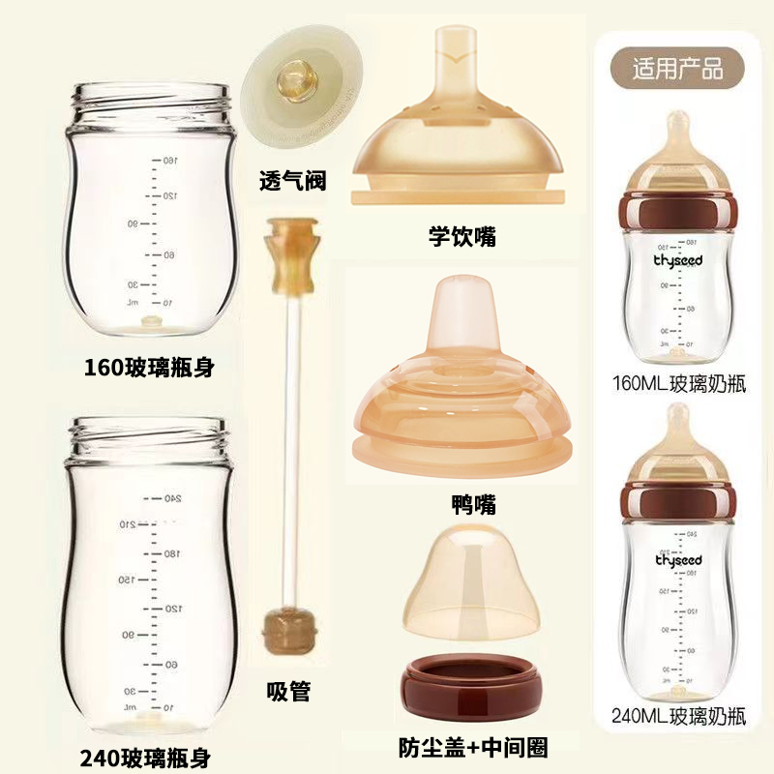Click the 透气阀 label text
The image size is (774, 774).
(292, 180)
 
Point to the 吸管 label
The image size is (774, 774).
(287, 691)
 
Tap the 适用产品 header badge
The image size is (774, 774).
(677, 70)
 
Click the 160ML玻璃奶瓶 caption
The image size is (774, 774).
(678, 382)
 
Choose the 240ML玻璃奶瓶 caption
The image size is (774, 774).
(678, 717)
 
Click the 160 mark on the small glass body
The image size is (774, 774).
(166, 160)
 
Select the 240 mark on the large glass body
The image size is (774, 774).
(172, 498)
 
